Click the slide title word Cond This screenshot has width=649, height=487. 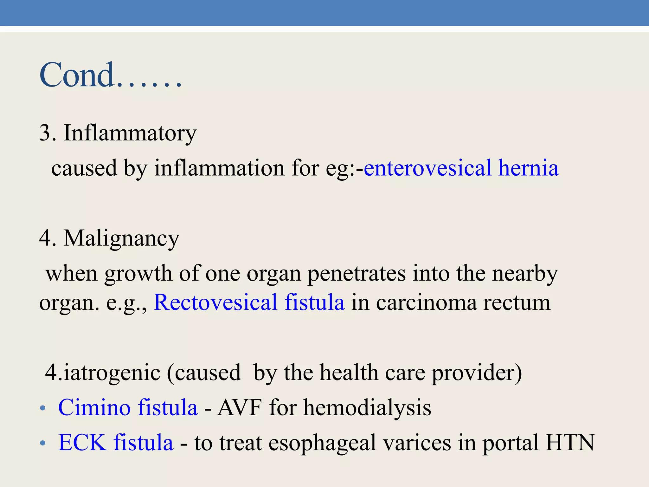(x=77, y=75)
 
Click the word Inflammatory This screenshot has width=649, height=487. (x=130, y=133)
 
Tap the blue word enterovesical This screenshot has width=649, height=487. (x=428, y=168)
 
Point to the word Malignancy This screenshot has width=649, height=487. (x=121, y=238)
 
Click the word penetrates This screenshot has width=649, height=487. (x=357, y=274)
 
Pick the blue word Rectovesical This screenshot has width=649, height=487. (x=215, y=302)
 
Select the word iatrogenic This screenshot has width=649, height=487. (x=112, y=373)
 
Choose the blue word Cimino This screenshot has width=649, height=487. (x=94, y=408)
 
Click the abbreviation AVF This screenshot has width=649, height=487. (x=240, y=408)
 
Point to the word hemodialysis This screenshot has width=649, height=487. (x=367, y=408)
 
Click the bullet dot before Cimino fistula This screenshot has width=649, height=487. (x=43, y=408)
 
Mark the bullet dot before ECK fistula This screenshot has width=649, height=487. (x=43, y=443)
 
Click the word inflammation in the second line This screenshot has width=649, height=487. (x=219, y=168)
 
